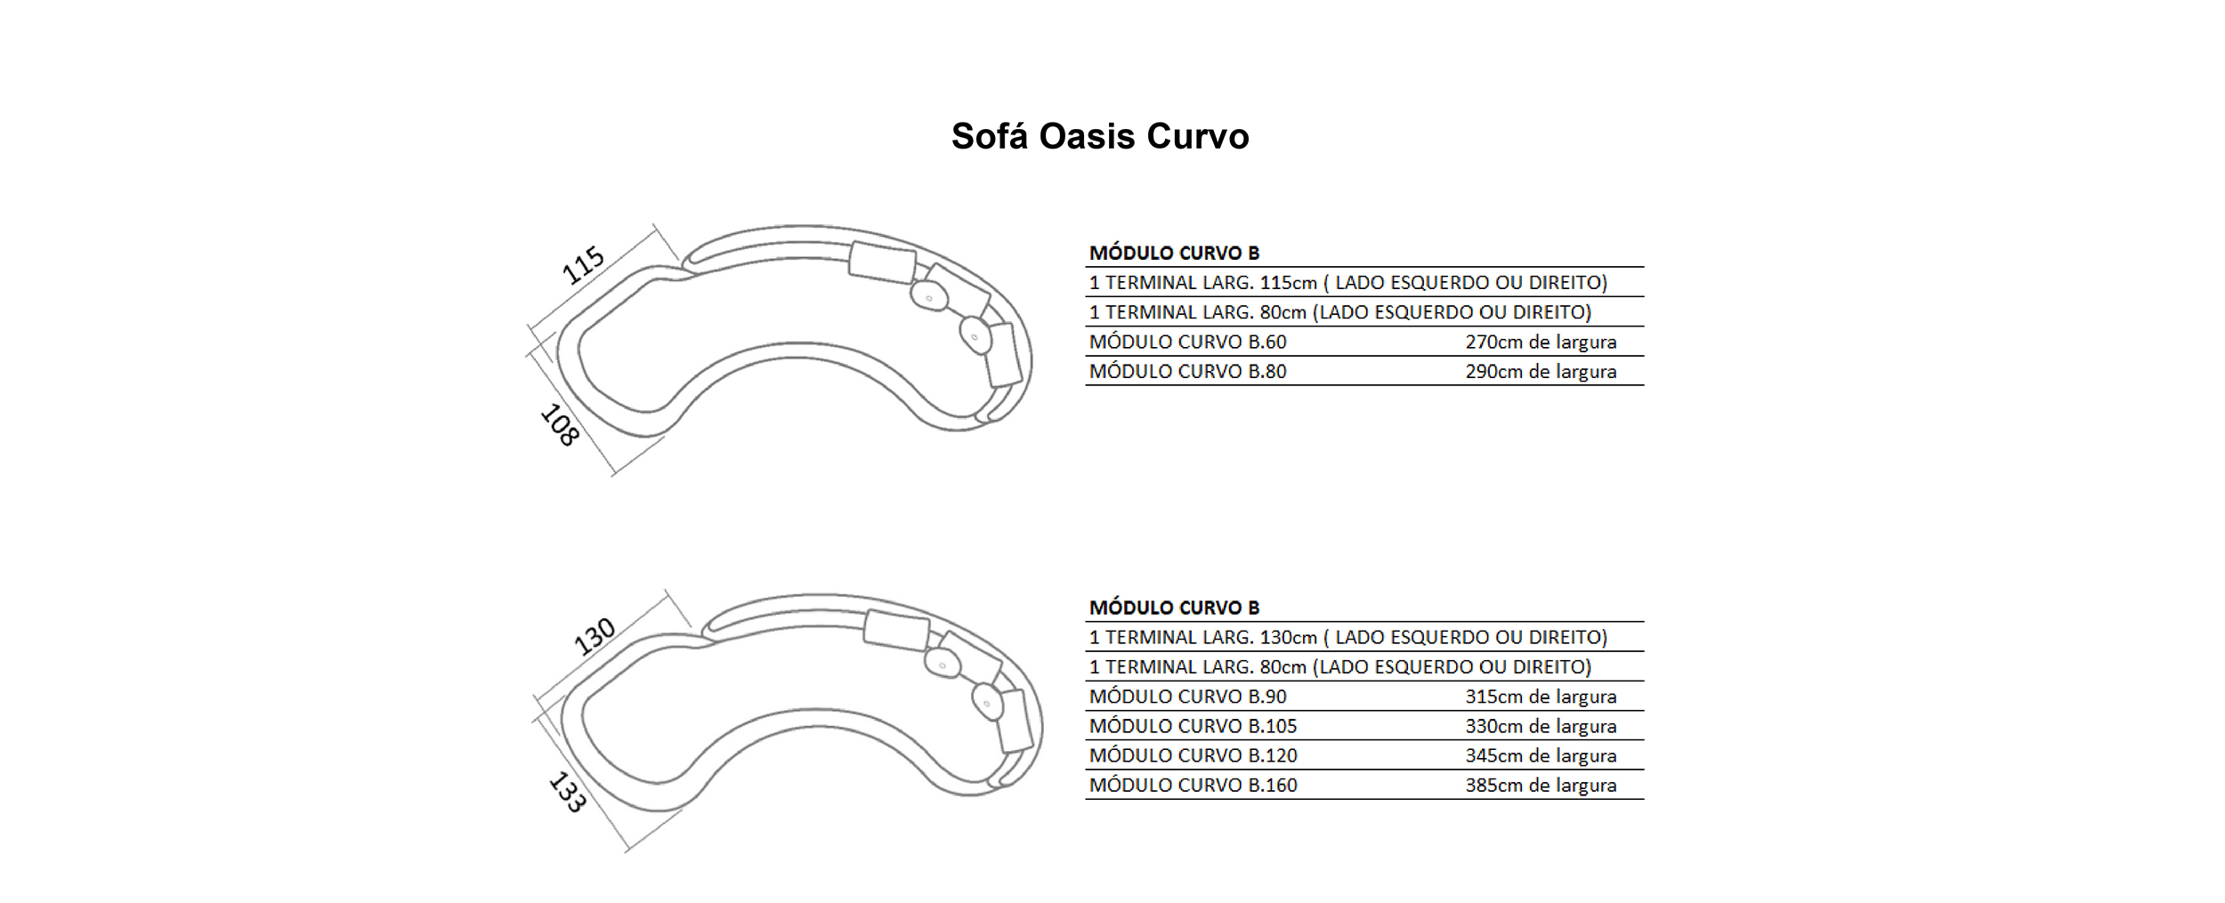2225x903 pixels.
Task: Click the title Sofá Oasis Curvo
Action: coord(1100,136)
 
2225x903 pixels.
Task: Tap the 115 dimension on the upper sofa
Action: coord(584,265)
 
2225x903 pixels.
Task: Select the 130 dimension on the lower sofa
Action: coord(594,636)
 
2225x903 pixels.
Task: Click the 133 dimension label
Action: coord(567,792)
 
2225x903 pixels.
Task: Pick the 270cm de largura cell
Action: coord(1541,342)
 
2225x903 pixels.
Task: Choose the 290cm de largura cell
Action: coord(1541,371)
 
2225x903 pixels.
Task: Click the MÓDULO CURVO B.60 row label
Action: coord(1188,342)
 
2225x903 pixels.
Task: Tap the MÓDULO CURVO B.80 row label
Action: coord(1188,371)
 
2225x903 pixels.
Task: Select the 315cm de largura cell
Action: coord(1541,697)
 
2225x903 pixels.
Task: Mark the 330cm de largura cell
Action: coord(1541,726)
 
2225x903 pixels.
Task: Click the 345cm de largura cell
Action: coord(1541,755)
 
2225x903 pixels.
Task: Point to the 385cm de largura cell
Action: coord(1541,785)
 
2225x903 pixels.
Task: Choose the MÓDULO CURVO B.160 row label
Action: coord(1193,785)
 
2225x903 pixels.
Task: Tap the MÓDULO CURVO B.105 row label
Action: coord(1193,726)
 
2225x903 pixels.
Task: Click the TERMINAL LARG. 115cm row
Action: coord(1348,283)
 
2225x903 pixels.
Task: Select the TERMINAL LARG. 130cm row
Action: coord(1348,637)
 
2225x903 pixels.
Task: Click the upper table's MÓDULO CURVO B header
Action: coord(1175,253)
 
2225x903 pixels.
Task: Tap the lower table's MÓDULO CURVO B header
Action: coord(1175,608)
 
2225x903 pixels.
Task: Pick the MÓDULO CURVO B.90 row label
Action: coord(1188,697)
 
